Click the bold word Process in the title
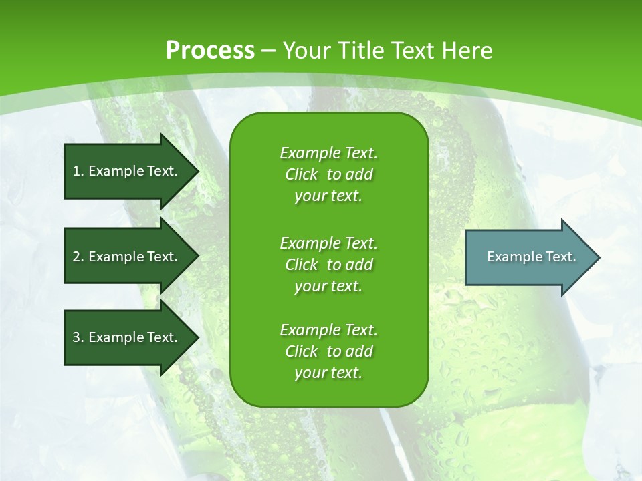210,50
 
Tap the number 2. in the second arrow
78,257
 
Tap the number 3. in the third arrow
78,337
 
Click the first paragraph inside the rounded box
328,174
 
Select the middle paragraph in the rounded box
328,265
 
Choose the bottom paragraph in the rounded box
328,351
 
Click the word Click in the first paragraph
301,174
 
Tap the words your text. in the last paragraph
328,373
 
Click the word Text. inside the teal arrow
559,257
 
